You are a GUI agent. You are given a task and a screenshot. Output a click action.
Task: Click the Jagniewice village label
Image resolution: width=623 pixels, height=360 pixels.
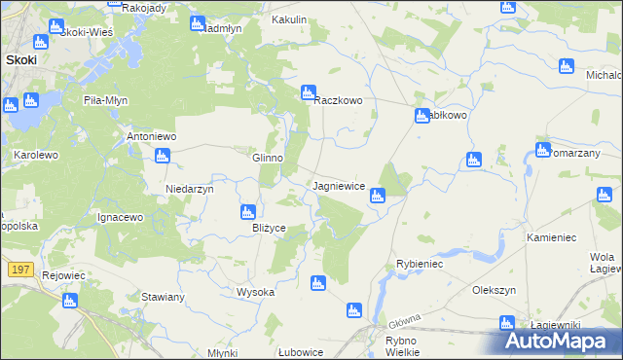pos(339,185)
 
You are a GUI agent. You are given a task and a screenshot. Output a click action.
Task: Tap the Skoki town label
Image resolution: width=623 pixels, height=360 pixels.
pos(21,59)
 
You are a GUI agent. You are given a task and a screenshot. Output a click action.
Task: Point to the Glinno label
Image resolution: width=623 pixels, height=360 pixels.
pos(268,158)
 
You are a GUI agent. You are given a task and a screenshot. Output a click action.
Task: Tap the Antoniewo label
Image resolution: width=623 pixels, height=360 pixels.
pos(151,137)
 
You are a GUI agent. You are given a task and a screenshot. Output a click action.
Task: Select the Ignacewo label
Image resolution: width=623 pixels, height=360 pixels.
pos(121,217)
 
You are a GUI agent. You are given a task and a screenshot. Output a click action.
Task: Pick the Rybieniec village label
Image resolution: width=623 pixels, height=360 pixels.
pos(420,264)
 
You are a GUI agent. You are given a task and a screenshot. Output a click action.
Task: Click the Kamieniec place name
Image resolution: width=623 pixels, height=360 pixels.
pos(552,237)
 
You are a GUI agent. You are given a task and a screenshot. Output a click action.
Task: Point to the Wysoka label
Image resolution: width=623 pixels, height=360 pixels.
pos(256,292)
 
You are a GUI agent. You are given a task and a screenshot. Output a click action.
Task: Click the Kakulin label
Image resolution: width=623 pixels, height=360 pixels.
pos(289,18)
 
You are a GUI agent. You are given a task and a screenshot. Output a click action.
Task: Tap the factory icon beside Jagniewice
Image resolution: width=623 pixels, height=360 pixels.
pos(378,197)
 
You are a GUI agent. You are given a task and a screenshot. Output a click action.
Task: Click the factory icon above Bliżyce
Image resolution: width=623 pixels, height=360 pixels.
pos(248,211)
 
